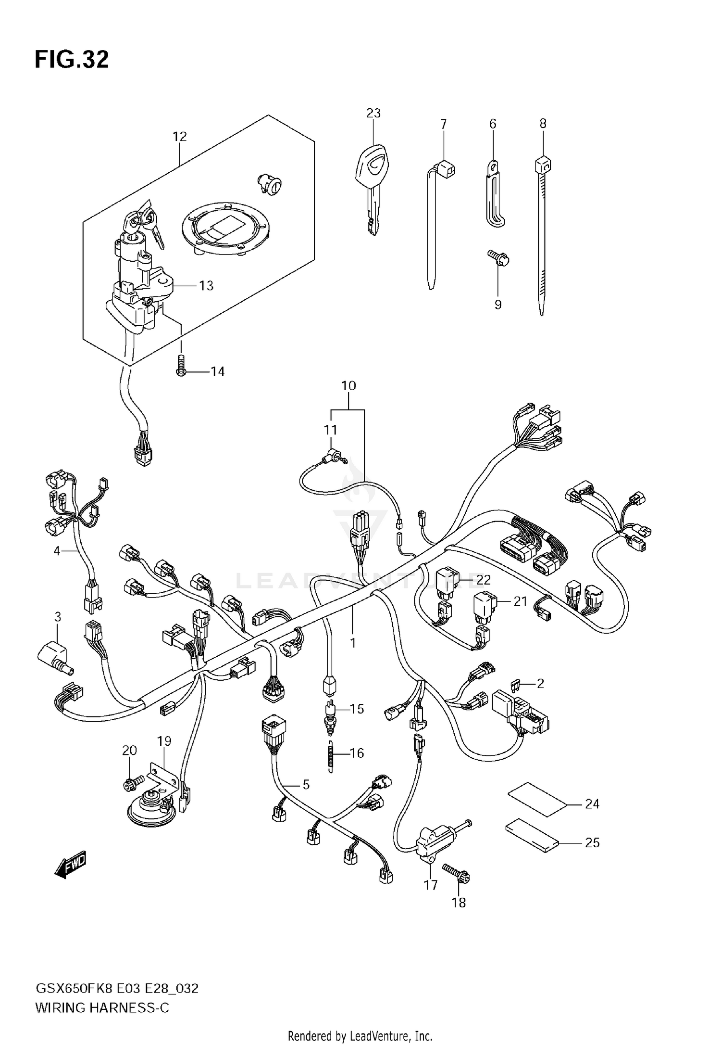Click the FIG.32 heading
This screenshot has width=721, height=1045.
pyautogui.click(x=72, y=60)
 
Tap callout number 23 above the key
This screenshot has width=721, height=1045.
pyautogui.click(x=373, y=113)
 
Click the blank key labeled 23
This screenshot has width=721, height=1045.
pyautogui.click(x=373, y=188)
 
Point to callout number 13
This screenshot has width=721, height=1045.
pyautogui.click(x=206, y=286)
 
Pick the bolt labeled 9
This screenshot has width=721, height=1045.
pyautogui.click(x=498, y=258)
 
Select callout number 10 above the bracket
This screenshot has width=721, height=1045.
pyautogui.click(x=348, y=386)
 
